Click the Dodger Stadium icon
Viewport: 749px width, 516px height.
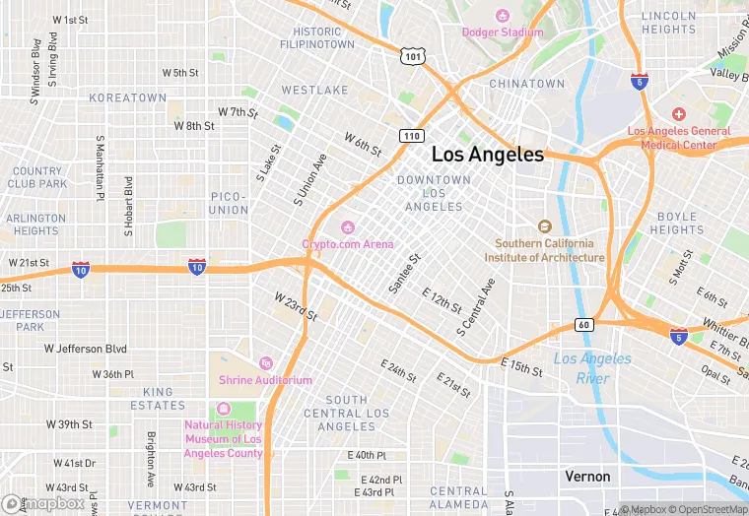503,15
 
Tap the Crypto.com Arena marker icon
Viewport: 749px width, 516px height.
347,227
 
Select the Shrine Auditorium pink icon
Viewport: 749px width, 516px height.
264,363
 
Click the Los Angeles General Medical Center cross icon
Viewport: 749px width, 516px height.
679,115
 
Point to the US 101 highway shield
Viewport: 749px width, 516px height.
412,57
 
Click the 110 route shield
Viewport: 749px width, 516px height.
411,134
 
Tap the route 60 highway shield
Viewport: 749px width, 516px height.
583,326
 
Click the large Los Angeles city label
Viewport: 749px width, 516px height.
488,155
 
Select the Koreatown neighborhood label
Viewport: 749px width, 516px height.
128,98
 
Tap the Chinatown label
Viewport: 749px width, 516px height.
527,85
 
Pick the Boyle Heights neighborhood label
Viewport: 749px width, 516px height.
677,224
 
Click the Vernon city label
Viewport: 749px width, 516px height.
587,476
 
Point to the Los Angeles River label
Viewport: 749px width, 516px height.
592,368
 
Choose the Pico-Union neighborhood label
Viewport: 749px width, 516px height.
230,203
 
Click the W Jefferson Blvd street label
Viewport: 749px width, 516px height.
86,349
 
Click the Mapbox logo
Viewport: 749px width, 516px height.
44,503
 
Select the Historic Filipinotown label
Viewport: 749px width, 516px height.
316,37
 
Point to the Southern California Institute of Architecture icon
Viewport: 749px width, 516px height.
544,226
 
